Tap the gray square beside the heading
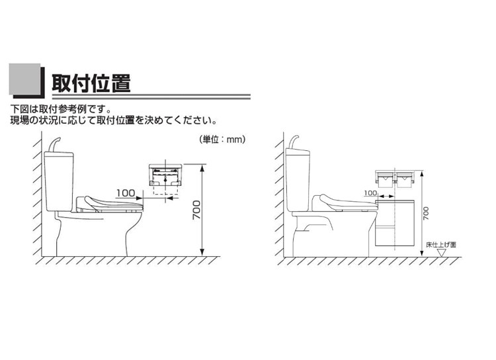click(24, 81)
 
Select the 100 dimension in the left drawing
click(125, 193)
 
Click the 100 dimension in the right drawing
click(370, 194)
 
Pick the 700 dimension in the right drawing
click(427, 213)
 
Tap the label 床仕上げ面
click(442, 244)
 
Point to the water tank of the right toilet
click(302, 179)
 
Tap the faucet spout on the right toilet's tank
click(296, 140)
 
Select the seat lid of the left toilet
click(109, 202)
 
